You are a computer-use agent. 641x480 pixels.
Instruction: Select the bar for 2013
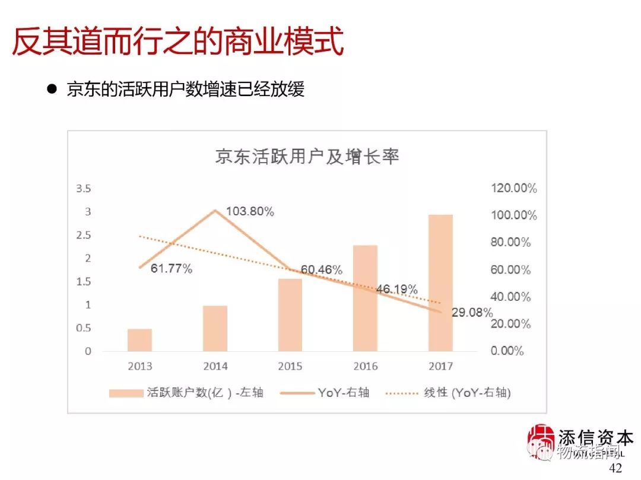tap(139, 339)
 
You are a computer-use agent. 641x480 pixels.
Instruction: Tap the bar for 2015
tap(290, 314)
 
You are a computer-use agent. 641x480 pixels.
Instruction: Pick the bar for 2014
tap(215, 328)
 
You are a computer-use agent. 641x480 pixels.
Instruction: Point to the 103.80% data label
tap(250, 211)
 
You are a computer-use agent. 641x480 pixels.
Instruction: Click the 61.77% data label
tap(172, 269)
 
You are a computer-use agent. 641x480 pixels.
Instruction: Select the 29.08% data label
tap(472, 312)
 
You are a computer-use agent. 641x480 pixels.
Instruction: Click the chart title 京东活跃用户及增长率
tap(307, 157)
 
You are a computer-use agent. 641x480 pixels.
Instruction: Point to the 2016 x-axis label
tap(365, 366)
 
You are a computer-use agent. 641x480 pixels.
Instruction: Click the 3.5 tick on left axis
tap(84, 189)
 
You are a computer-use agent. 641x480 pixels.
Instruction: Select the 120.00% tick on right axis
tap(513, 189)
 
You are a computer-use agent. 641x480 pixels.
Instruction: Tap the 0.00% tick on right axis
tap(507, 351)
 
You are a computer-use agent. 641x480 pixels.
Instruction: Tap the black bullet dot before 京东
tap(52, 90)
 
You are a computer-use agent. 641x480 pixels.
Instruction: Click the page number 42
tap(615, 468)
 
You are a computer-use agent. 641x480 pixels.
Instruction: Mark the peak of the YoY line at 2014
tap(215, 210)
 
